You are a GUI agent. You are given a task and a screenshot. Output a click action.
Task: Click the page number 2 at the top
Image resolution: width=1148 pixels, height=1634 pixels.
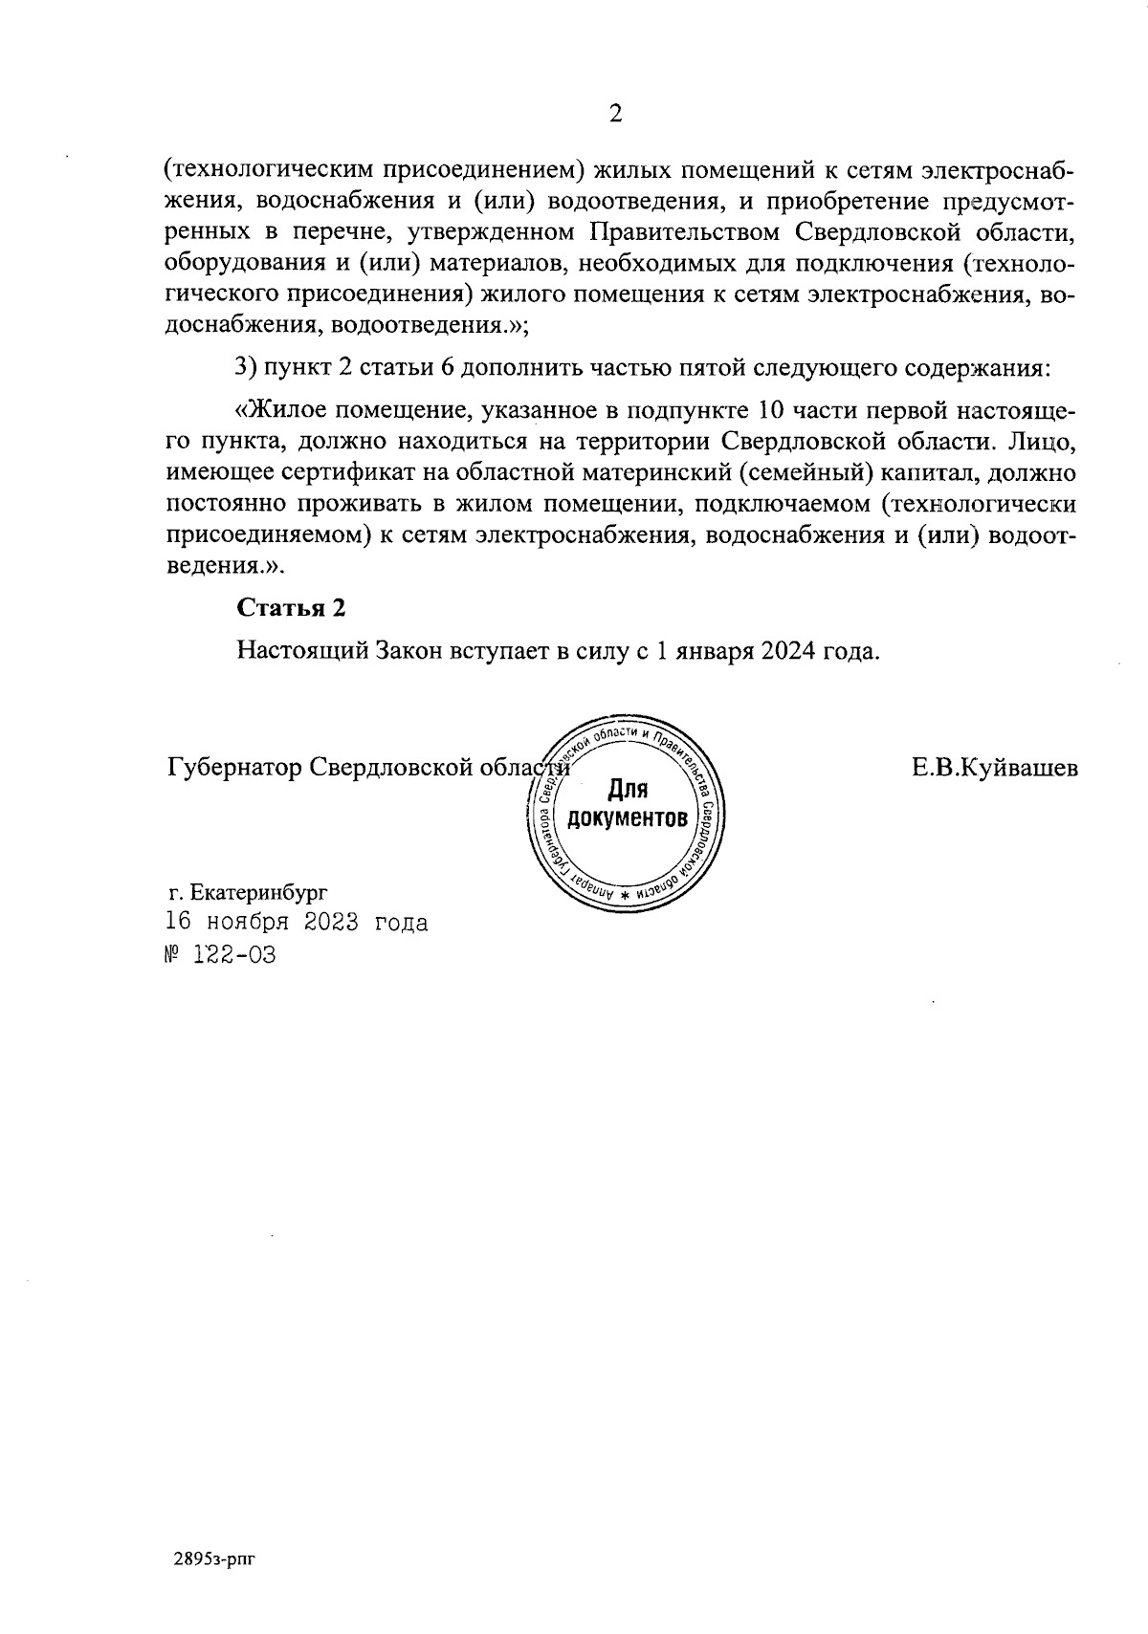(615, 114)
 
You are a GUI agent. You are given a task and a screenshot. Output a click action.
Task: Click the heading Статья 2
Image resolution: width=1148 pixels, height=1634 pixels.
(290, 608)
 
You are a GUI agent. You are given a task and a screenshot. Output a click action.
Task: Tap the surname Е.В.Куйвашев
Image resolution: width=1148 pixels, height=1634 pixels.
(995, 768)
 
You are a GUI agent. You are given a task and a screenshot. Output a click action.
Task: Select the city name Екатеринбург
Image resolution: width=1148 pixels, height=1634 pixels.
(259, 893)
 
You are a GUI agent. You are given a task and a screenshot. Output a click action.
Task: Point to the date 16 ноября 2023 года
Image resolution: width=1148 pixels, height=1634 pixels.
(297, 923)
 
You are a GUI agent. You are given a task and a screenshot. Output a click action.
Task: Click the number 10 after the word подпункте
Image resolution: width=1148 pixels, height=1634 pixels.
(770, 412)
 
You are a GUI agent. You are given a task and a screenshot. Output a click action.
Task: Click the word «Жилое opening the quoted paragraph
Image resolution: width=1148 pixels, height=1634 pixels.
(276, 412)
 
